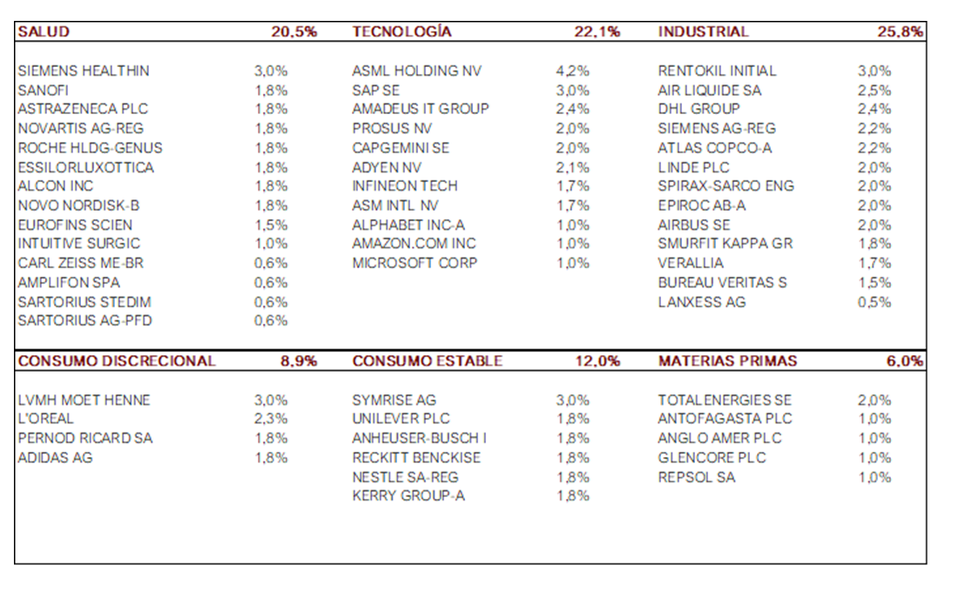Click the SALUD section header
[x=44, y=32]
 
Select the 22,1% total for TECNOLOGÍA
[x=597, y=32]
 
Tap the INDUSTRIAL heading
[x=703, y=32]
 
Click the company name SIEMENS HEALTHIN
[x=84, y=71]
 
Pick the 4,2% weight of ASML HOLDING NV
[x=572, y=71]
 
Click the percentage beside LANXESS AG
[x=874, y=302]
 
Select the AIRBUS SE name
[x=694, y=225]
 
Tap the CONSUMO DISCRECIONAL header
[x=117, y=361]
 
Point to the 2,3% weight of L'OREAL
[x=270, y=420]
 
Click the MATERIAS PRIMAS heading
[x=727, y=361]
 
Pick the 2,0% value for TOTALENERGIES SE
[x=874, y=400]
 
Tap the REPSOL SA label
[x=697, y=477]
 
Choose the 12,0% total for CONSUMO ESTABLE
[x=597, y=361]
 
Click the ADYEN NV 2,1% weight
[x=572, y=167]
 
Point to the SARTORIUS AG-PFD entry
[x=84, y=320]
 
